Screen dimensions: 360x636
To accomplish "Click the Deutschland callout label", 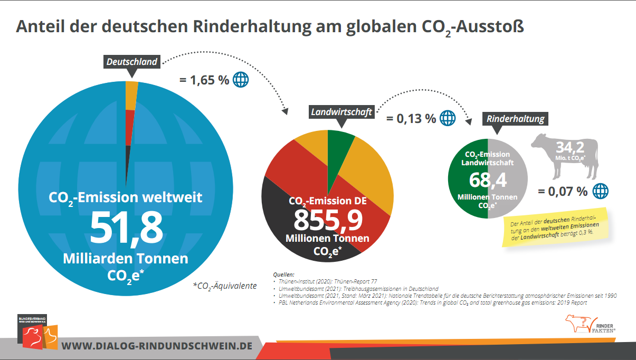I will click(132, 62).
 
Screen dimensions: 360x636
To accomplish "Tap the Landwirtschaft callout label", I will click(341, 112).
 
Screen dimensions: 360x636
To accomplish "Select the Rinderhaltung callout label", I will click(515, 119).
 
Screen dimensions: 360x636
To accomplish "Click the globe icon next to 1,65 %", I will click(241, 80).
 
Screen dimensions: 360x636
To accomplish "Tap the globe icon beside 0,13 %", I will click(448, 118).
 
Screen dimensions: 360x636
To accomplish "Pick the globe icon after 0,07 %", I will click(600, 191).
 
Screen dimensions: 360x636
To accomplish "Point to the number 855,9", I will click(328, 220).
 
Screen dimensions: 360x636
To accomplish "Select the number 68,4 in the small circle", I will click(488, 180).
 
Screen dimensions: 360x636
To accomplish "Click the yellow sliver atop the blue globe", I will click(131, 95).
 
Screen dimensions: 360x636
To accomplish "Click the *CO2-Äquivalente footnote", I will click(225, 286).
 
